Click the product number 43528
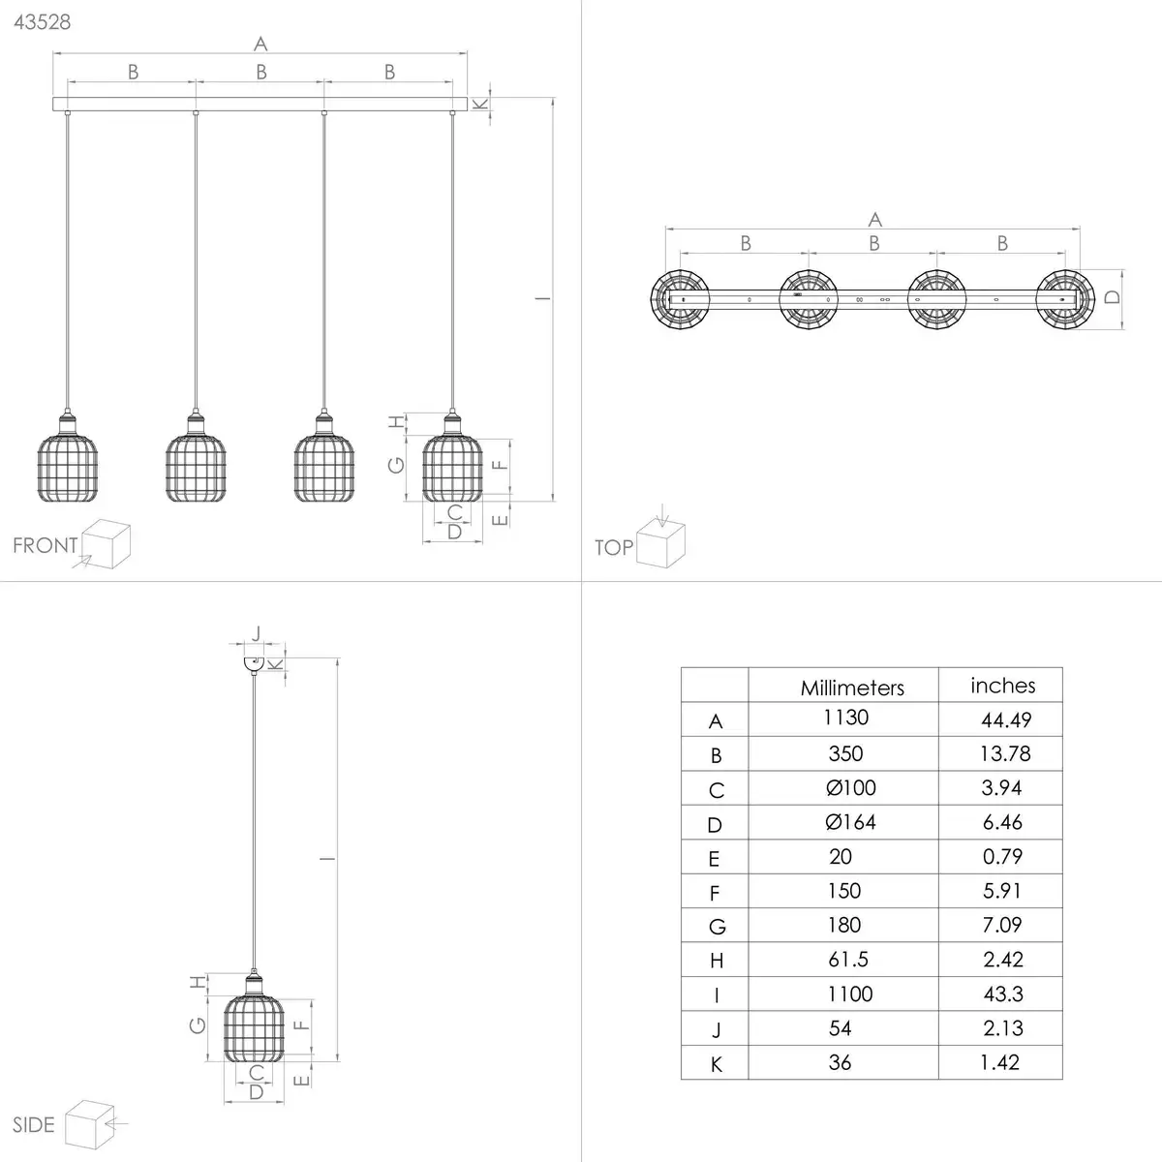[43, 22]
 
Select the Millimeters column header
[852, 688]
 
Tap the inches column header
[1003, 686]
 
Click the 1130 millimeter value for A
[845, 717]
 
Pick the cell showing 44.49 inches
[1006, 719]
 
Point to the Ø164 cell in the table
[850, 822]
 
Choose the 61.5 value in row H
[848, 960]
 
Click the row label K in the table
[717, 1065]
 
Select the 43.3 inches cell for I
[1003, 994]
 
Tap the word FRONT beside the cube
[46, 545]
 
